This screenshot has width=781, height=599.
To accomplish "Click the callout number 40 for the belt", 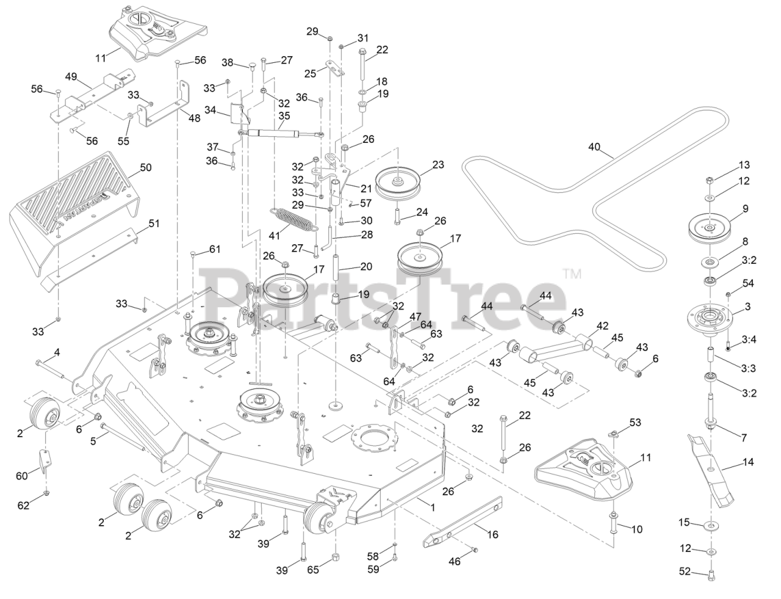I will [594, 147].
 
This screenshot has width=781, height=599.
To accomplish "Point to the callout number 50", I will [146, 167].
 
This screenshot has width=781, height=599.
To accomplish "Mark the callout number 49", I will [71, 76].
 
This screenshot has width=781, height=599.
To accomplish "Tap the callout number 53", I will [635, 423].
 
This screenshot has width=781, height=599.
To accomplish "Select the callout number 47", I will [415, 316].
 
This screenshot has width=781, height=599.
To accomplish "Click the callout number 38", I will [228, 62].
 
